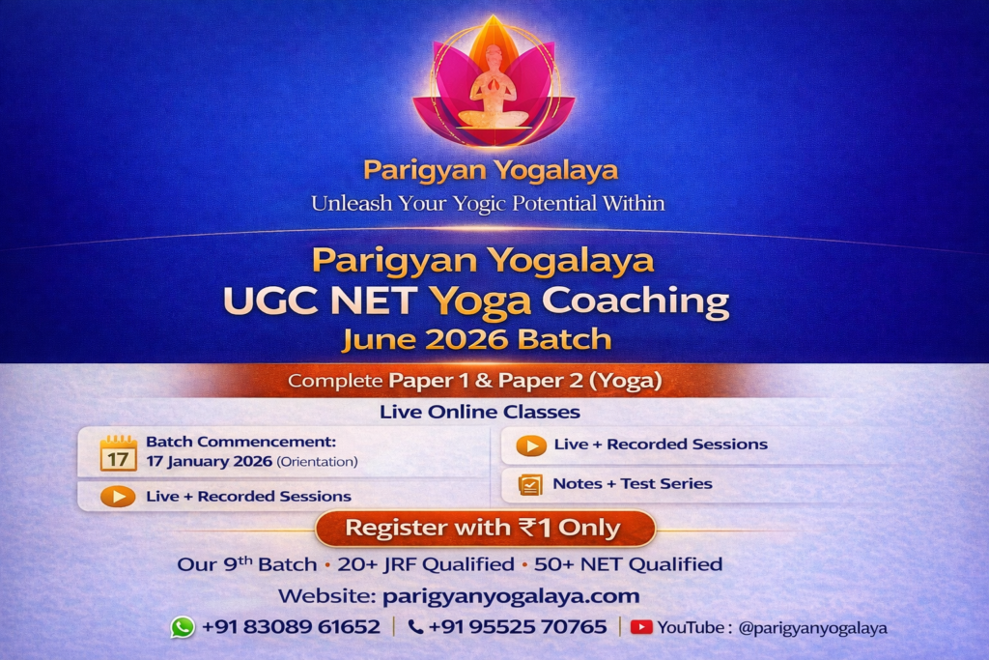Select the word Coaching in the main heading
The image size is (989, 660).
[x=636, y=301]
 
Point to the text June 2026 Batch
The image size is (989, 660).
[x=477, y=339]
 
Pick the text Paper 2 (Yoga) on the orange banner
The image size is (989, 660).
[x=579, y=381]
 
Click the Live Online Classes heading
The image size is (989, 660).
[x=479, y=412]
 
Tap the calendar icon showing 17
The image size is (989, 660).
[x=118, y=453]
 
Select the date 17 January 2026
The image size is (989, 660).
[x=209, y=461]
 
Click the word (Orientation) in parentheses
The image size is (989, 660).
[x=317, y=462]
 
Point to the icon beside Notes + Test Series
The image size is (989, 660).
[x=530, y=484]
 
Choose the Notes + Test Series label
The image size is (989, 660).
[x=633, y=483]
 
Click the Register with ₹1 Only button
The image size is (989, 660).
[x=485, y=528]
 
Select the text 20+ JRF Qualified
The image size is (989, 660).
[x=426, y=564]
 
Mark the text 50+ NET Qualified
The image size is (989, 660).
[x=628, y=564]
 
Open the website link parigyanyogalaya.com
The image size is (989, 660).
[x=511, y=596]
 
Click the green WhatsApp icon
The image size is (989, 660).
[x=183, y=627]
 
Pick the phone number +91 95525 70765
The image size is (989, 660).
[x=518, y=626]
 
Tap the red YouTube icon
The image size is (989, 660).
[x=641, y=627]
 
